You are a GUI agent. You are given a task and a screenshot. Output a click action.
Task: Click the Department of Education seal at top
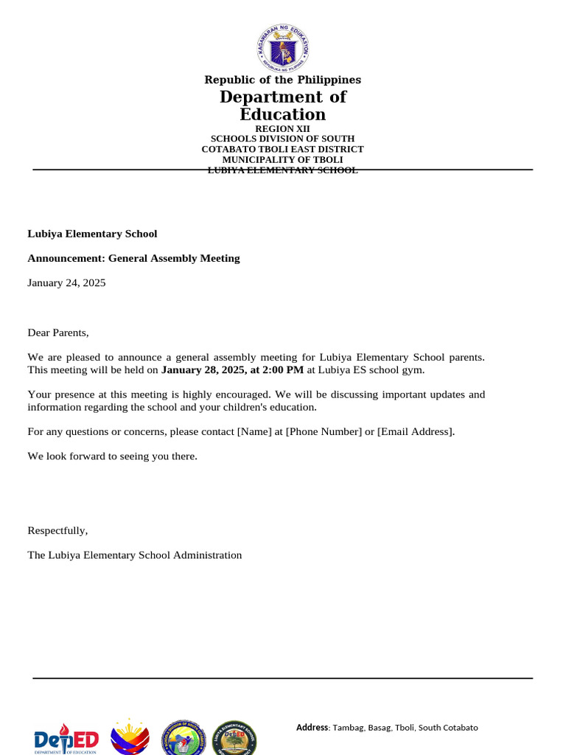(283, 49)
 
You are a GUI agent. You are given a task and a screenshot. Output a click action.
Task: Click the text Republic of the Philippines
(283, 80)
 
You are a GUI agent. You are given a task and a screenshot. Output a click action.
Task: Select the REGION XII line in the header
(283, 128)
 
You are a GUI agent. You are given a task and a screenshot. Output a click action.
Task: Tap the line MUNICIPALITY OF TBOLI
(283, 159)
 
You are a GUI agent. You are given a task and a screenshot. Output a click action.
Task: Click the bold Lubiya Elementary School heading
(92, 234)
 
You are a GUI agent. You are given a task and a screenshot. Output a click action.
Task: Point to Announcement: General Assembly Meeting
(133, 258)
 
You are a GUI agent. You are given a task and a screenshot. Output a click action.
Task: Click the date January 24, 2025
(66, 282)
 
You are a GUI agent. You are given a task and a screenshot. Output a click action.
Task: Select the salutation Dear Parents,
(57, 333)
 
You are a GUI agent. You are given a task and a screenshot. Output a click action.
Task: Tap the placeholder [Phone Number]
(324, 431)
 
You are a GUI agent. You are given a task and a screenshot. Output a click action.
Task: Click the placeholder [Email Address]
(416, 431)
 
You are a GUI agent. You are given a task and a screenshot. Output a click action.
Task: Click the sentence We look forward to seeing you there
(112, 456)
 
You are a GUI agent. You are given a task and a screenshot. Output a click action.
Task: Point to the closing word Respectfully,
(57, 530)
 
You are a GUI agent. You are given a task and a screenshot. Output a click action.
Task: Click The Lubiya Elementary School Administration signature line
(134, 554)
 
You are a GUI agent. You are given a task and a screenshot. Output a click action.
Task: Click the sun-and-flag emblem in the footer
(130, 737)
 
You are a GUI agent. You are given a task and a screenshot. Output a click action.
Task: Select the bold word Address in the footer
(312, 727)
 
